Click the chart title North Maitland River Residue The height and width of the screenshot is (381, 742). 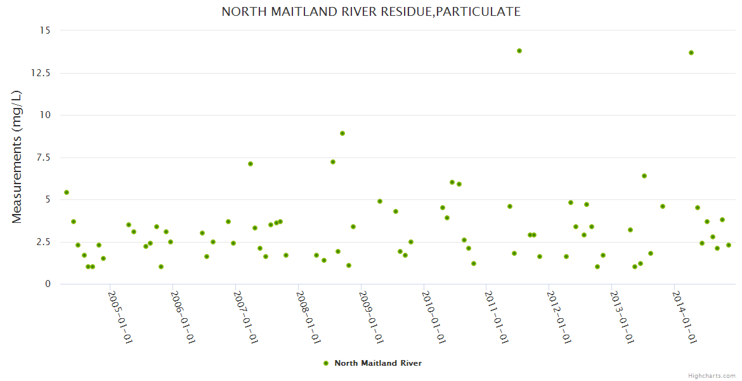click(371, 11)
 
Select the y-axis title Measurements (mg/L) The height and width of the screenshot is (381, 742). click(17, 156)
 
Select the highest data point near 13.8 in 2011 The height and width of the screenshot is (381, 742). click(519, 51)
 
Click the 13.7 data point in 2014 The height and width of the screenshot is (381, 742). click(691, 53)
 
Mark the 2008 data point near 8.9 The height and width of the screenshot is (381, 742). click(342, 133)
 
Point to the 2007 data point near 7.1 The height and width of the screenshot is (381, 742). click(251, 164)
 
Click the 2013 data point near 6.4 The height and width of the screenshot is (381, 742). click(644, 176)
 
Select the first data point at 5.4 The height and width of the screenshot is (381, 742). click(67, 192)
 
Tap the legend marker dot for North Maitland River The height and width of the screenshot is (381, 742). click(326, 363)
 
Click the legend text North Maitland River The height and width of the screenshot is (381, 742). click(378, 363)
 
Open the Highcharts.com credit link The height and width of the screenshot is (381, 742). click(712, 375)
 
